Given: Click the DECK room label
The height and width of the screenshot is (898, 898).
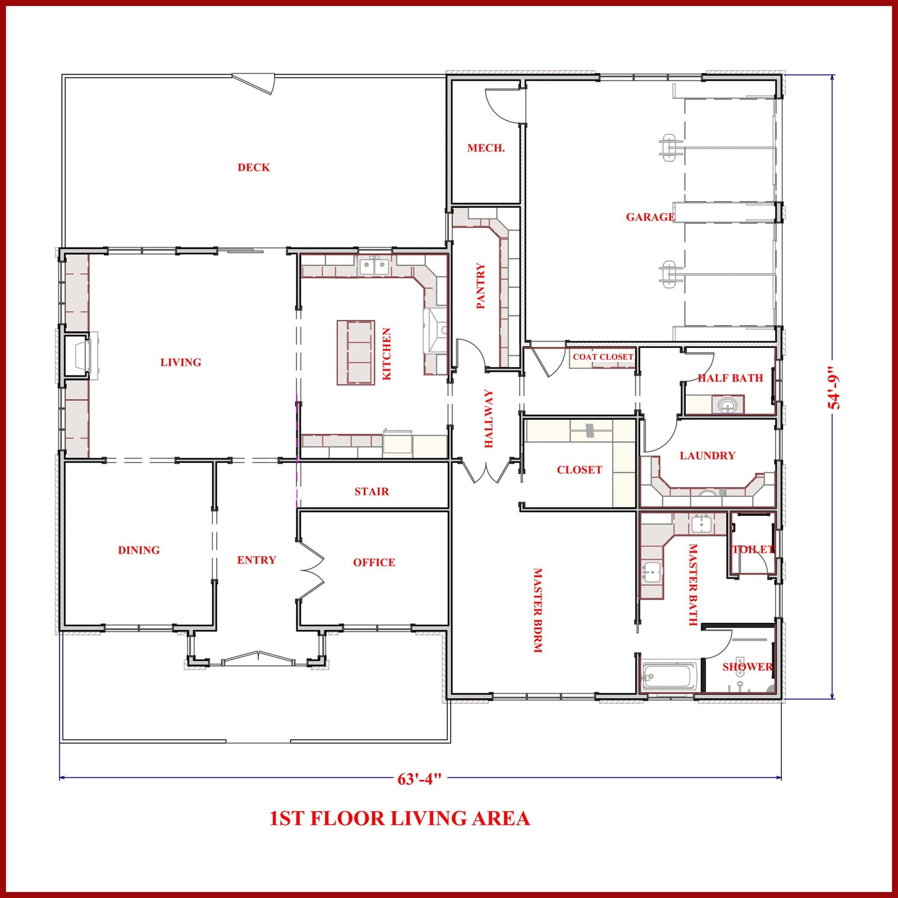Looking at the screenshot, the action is (254, 167).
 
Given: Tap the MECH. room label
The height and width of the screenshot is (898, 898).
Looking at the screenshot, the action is (486, 148).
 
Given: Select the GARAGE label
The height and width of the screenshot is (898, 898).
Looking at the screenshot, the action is (650, 217).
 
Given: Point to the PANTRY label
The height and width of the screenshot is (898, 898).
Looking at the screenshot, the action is (480, 286).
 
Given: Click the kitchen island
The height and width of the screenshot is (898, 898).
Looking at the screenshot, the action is (356, 352).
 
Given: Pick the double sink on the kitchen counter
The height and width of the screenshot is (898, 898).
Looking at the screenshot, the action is (374, 265).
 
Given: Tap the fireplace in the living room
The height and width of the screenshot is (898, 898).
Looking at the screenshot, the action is (77, 355).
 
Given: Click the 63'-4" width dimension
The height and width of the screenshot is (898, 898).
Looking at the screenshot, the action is (419, 779).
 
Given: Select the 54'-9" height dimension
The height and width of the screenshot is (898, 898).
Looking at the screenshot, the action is (835, 388).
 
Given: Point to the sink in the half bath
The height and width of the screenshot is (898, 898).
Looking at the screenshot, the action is (727, 405).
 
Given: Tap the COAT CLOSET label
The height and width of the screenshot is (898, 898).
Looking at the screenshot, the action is (603, 357).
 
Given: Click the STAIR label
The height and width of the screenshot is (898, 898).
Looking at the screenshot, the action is (372, 492).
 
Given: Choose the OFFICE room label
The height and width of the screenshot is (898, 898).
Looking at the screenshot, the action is (374, 562).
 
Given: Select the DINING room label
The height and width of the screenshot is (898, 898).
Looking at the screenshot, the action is (139, 550).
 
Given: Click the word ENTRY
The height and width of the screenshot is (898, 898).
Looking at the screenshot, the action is (256, 560).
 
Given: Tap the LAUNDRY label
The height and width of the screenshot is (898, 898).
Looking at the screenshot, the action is (707, 456).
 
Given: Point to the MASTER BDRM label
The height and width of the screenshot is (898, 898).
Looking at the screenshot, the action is (538, 610).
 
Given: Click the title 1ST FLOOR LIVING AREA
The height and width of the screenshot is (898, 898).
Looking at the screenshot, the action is (400, 818).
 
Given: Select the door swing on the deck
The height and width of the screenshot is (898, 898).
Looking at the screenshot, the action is (255, 84).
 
